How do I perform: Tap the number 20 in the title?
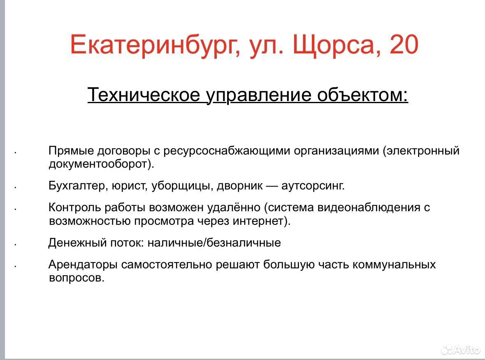click(x=404, y=44)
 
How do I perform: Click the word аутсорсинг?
click(x=313, y=186)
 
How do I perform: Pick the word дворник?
click(x=240, y=186)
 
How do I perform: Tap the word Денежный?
click(x=78, y=243)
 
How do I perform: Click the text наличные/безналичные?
click(x=214, y=243)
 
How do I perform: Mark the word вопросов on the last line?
click(x=77, y=278)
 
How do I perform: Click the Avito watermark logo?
click(x=461, y=349)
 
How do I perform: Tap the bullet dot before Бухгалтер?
click(x=15, y=187)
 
